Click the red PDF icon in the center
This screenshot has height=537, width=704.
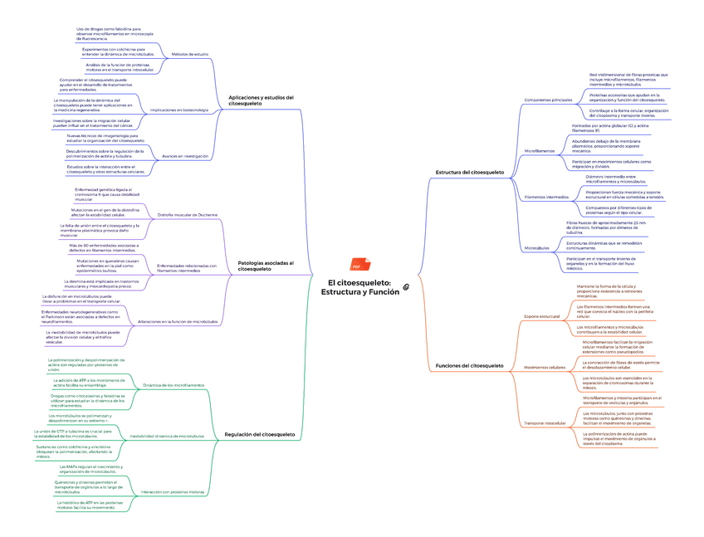click(355, 266)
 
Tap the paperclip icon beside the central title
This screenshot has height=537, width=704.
click(406, 286)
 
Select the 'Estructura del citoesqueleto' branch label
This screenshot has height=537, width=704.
click(469, 172)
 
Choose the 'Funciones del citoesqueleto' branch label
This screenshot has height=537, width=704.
click(469, 365)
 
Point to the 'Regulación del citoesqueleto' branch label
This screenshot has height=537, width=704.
click(260, 434)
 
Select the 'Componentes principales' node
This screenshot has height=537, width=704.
click(548, 100)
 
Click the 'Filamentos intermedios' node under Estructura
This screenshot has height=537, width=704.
click(546, 197)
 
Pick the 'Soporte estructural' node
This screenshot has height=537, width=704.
click(541, 316)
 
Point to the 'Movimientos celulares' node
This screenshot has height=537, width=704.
click(545, 367)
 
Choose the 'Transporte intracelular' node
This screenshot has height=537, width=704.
click(545, 423)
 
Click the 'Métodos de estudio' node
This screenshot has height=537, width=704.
click(189, 54)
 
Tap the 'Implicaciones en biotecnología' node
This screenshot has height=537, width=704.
click(178, 110)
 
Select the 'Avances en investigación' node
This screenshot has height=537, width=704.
click(184, 156)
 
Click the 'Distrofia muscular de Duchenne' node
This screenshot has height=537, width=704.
click(188, 214)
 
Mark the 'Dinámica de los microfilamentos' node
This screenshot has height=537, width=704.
click(174, 385)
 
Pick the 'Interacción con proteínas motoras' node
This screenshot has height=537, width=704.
click(173, 491)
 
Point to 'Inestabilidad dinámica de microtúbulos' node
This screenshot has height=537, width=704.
click(168, 436)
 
